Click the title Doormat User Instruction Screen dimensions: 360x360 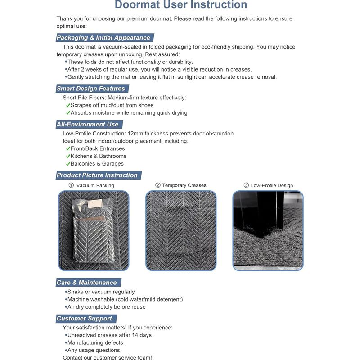pos(180,5)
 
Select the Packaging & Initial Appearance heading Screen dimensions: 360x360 pos(103,38)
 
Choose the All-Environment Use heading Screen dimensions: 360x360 pos(87,124)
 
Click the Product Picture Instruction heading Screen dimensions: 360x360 pos(97,175)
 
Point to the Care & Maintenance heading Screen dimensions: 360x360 pos(86,283)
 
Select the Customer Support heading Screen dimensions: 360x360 pos(84,318)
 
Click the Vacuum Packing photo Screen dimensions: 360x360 pos(94,230)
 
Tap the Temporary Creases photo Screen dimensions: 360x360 pos(181,230)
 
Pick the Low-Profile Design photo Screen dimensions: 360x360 pos(268,230)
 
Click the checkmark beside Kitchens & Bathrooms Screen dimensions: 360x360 pos(68,156)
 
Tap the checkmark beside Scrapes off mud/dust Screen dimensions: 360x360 pos(68,105)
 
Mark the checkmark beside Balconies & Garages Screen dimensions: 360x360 pos(68,164)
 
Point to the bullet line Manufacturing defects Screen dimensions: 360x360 pos(94,342)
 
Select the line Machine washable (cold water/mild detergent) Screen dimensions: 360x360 pos(125,299)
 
